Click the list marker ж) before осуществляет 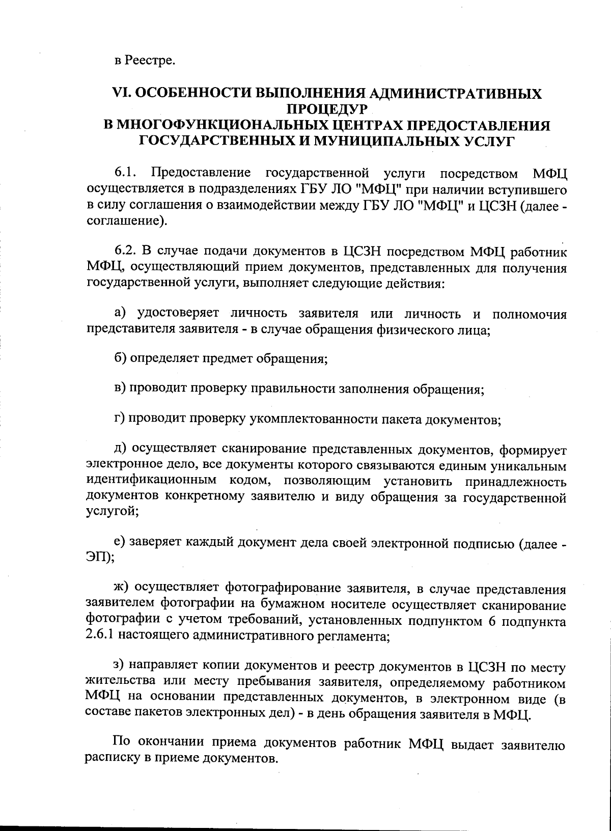tap(121, 589)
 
